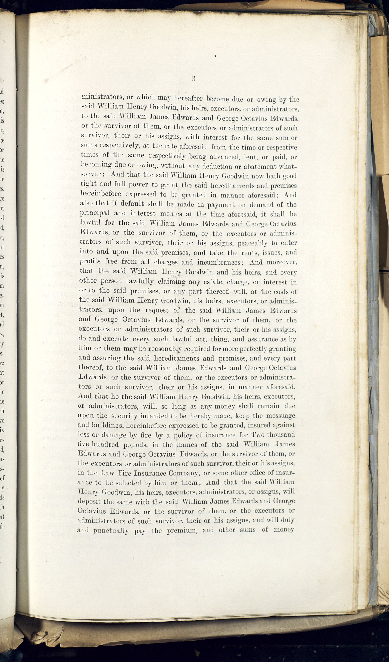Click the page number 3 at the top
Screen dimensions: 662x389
(193, 79)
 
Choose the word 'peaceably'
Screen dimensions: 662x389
(252, 243)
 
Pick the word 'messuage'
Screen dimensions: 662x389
(281, 416)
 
